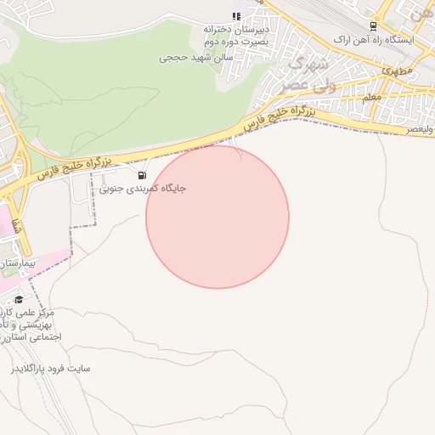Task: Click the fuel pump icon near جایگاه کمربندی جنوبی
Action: [140, 176]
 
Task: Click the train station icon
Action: [372, 27]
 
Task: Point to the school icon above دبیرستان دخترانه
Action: [236, 16]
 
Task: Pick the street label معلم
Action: [371, 99]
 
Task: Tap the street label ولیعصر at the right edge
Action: [418, 128]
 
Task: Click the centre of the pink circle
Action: [217, 217]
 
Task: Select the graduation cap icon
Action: [19, 299]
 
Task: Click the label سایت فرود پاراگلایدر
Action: [50, 369]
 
